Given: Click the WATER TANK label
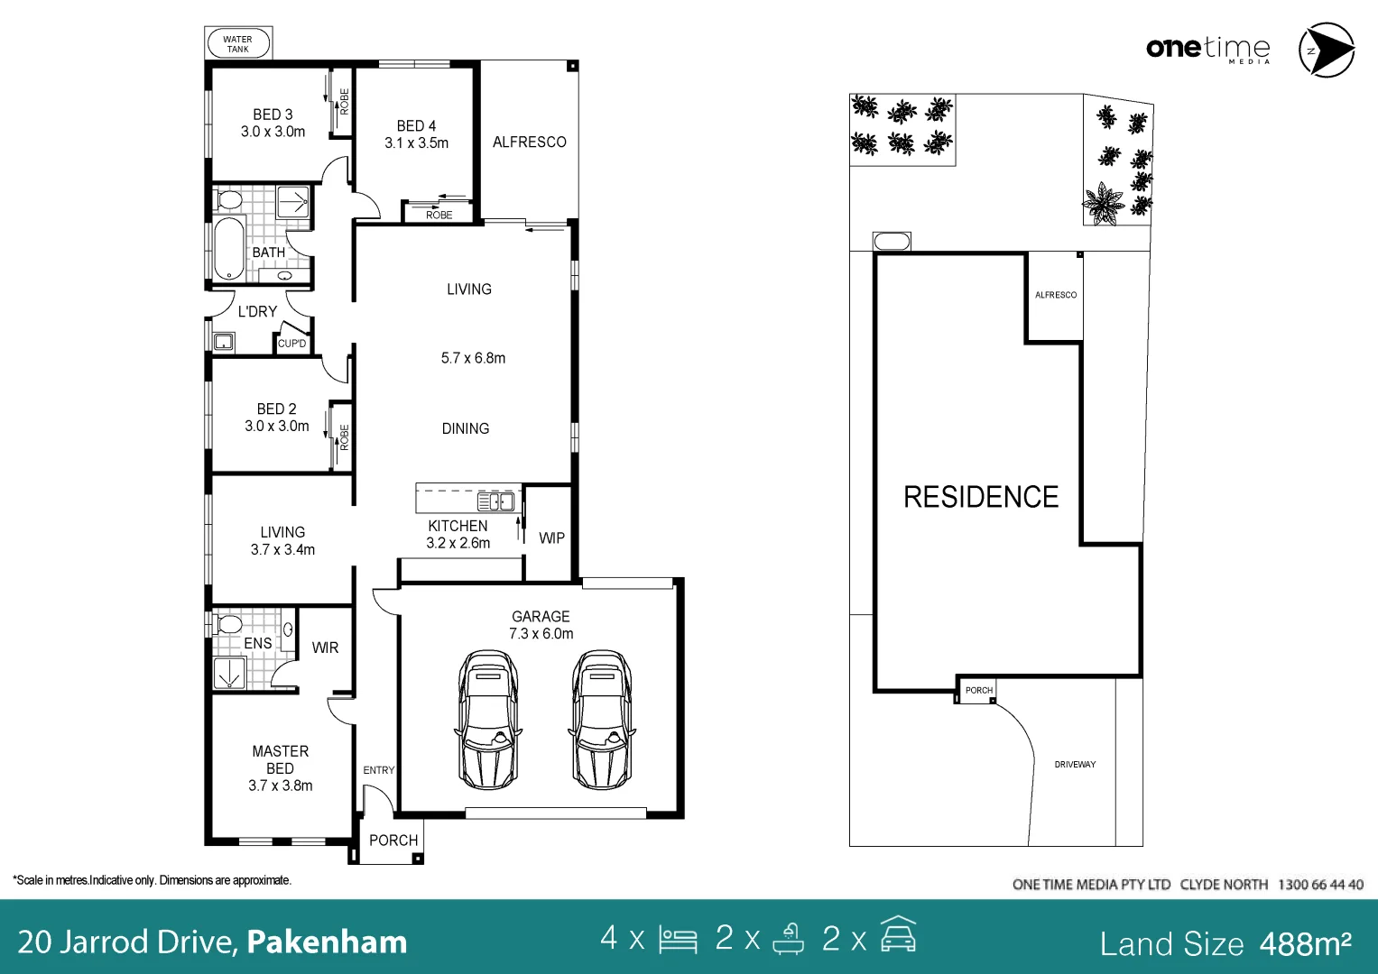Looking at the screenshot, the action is tap(237, 44).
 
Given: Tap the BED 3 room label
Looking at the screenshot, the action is tap(273, 115).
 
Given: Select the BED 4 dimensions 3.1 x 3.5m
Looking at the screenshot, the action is tap(417, 143).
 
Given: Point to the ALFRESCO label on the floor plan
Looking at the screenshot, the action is tap(529, 142).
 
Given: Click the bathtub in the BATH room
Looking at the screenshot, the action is tap(229, 248).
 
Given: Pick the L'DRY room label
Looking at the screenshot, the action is tap(257, 312).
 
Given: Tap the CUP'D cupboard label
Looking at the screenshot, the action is tap(291, 343).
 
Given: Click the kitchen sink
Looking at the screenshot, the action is tap(495, 501).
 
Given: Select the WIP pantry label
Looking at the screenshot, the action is tap(551, 538).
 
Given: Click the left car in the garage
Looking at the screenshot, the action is tap(488, 720).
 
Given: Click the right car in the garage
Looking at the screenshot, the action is tap(602, 720).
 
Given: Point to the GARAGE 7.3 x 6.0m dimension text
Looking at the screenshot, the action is tap(541, 633).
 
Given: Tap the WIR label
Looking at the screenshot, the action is tap(325, 648).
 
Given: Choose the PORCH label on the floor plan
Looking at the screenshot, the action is tap(393, 840).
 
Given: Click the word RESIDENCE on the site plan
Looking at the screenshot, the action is tap(981, 497).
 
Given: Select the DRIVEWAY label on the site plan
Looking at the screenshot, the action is tap(1075, 765).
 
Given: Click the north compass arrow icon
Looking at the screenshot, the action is tap(1327, 50).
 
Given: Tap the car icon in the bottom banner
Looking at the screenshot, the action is tap(898, 934).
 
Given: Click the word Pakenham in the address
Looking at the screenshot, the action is tap(327, 942).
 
